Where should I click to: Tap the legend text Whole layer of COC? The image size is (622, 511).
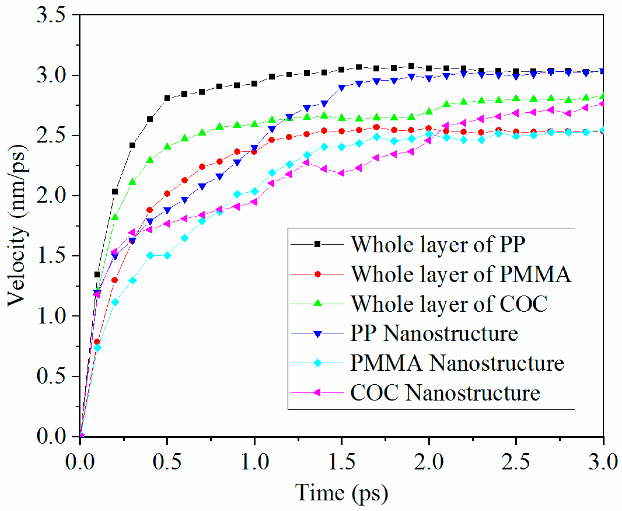(x=449, y=304)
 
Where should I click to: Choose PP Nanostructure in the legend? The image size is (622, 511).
(x=434, y=334)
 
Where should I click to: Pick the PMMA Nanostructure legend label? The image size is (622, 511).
(x=457, y=363)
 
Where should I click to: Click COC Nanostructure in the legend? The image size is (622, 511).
(x=445, y=393)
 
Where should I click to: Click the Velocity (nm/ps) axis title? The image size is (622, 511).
(x=18, y=226)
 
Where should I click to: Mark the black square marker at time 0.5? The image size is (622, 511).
(x=167, y=98)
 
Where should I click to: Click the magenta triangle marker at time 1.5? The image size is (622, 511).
(x=341, y=173)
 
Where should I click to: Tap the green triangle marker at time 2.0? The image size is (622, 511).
(x=429, y=111)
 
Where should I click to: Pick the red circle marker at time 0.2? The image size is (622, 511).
(x=115, y=280)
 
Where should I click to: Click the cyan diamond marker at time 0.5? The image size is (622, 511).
(x=167, y=256)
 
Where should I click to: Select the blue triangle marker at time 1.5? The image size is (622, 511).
(x=341, y=88)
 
